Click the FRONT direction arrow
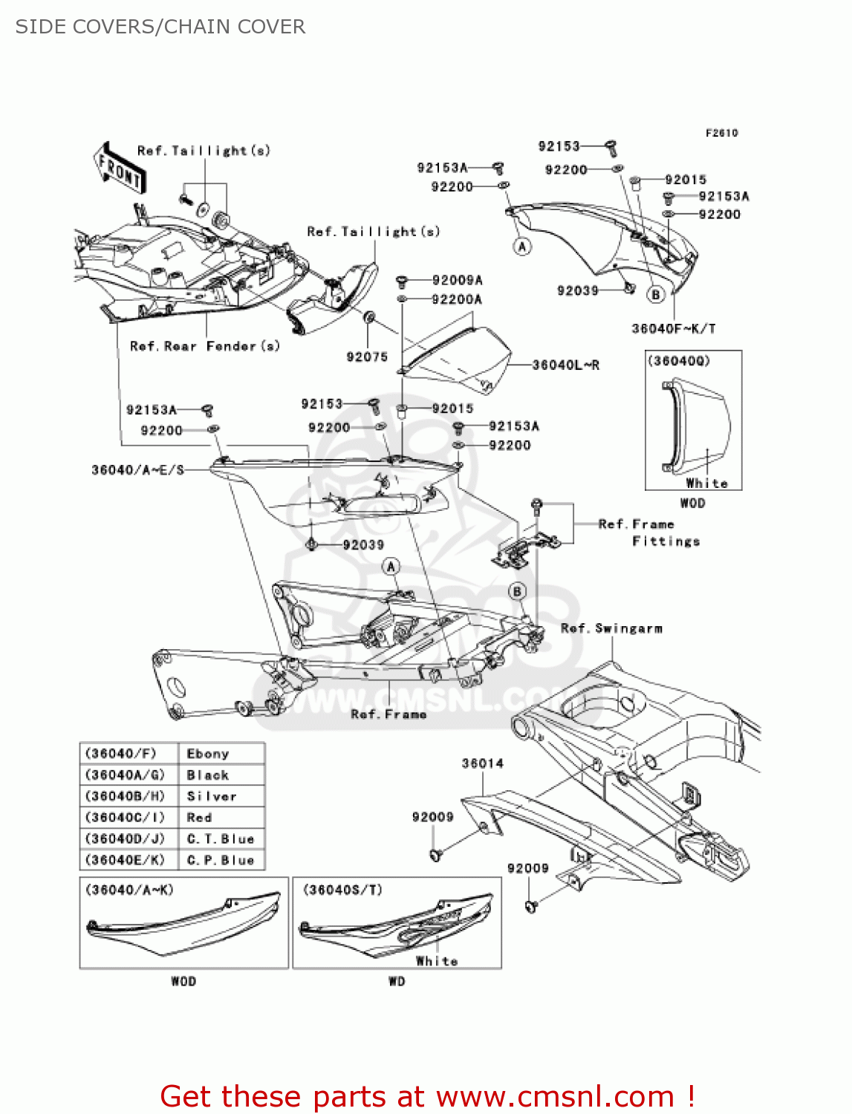pos(120,169)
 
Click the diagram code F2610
pos(721,133)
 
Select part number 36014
pos(482,763)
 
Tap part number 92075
pos(367,357)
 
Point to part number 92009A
pos(457,281)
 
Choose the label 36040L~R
pos(565,365)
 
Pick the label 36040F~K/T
pos(673,328)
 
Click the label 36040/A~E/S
pos(137,470)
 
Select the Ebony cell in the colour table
pos(208,754)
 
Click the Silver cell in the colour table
pos(212,796)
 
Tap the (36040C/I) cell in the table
pos(125,818)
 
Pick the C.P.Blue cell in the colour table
pos(221,860)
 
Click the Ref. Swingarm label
pos(611,628)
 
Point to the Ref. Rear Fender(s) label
pos(204,346)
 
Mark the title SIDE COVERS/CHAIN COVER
pos(160,27)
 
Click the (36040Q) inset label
pos(679,361)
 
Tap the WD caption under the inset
pos(397,982)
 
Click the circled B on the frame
pos(517,591)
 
